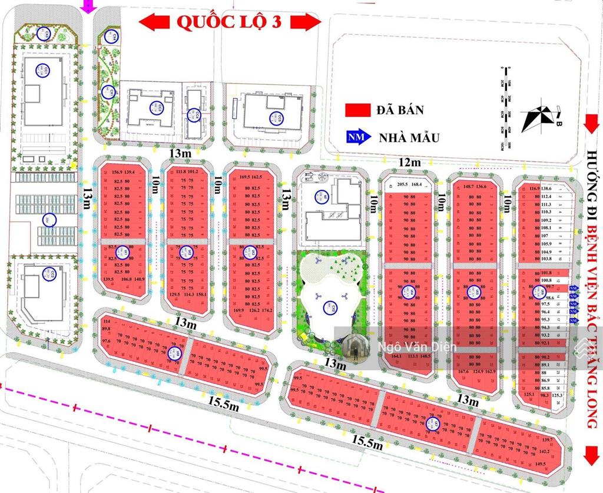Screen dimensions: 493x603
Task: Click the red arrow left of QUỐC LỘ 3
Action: click(x=155, y=22)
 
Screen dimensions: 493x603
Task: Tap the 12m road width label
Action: click(x=410, y=163)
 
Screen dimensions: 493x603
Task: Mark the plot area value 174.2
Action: click(x=268, y=310)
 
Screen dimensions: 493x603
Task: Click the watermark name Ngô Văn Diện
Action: click(x=413, y=348)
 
